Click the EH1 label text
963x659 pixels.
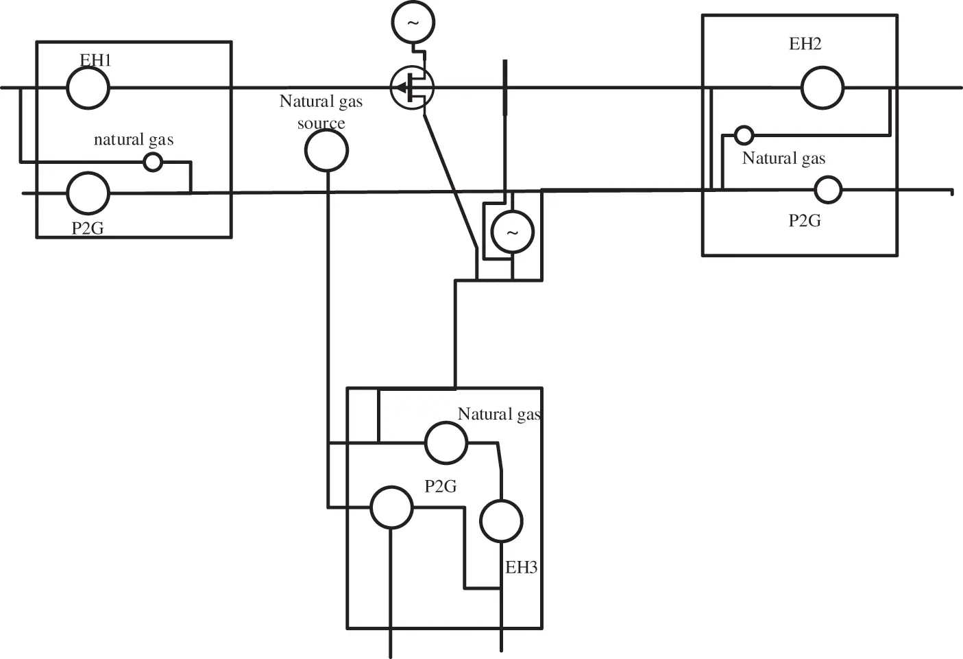coord(95,60)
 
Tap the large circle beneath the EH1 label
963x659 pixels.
coord(88,88)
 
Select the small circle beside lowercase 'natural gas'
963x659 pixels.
coord(153,163)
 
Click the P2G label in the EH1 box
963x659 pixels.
coord(88,228)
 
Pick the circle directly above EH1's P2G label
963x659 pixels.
coord(88,193)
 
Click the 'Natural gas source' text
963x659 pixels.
coord(321,112)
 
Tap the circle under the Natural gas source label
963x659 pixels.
coord(326,151)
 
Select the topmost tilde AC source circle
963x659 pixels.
coord(413,22)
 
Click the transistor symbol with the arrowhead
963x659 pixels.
coord(412,88)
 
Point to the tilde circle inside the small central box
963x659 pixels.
coord(512,232)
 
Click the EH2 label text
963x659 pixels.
coord(805,44)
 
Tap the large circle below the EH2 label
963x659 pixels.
coord(822,88)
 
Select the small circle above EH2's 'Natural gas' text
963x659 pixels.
coord(744,135)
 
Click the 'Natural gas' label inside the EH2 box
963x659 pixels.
coord(783,158)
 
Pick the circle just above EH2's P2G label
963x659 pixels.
coord(828,190)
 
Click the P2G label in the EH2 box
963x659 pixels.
coord(805,221)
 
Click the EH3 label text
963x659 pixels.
coord(521,567)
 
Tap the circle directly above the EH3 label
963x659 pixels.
coord(501,521)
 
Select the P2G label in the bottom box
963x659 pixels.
coord(440,486)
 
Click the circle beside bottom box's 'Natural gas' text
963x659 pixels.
coord(446,443)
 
